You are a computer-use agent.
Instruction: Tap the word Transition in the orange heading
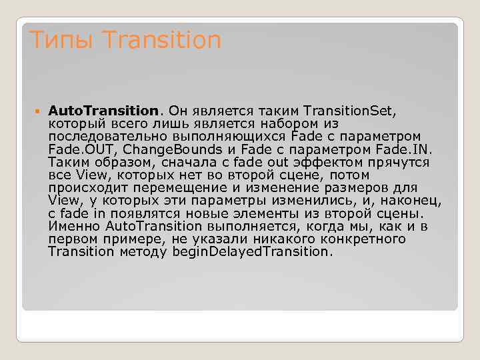[x=162, y=41]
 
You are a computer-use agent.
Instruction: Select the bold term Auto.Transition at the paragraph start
[x=104, y=110]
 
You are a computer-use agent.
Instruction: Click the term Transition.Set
[x=349, y=110]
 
